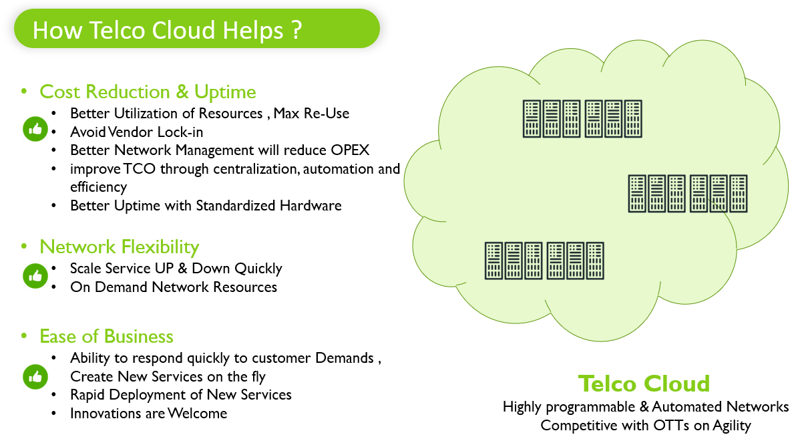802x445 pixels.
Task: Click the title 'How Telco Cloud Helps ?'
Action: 167,30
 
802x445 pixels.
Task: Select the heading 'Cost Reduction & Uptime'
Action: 148,92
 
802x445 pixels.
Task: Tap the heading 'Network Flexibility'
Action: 120,247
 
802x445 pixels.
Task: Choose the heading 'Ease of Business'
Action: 106,336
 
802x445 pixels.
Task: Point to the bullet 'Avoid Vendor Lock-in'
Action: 137,132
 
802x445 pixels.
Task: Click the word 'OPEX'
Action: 350,150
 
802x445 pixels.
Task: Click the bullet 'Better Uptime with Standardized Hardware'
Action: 206,205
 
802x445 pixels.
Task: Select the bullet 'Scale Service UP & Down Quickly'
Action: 176,269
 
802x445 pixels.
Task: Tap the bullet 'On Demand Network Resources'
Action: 174,287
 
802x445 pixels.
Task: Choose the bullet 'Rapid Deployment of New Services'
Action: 181,395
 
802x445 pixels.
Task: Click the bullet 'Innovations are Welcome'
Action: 148,414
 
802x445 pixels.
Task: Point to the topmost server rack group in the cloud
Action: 582,119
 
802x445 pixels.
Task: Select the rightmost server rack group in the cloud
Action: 687,193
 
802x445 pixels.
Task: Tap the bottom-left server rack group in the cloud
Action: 544,261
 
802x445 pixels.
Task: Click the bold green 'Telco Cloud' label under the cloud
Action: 644,384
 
